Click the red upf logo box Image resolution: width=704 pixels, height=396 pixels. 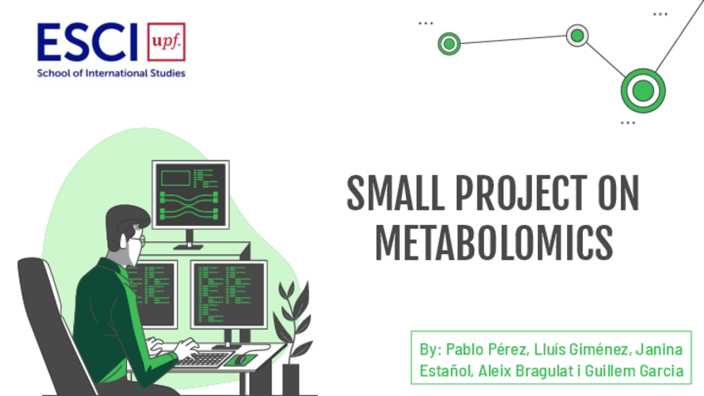[166, 42]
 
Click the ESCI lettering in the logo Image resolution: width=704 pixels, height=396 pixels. [87, 42]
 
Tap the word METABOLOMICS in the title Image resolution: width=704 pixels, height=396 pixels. [494, 242]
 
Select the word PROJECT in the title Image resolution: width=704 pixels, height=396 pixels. [521, 193]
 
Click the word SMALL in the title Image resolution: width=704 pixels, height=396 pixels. [395, 193]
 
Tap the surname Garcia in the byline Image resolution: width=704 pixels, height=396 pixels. [662, 371]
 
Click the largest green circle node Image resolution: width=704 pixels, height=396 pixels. [643, 90]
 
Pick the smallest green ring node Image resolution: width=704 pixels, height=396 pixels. [449, 43]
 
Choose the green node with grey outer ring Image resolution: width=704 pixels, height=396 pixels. [577, 36]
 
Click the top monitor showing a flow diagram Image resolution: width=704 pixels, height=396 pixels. [190, 194]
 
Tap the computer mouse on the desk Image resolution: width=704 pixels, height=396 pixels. [241, 359]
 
